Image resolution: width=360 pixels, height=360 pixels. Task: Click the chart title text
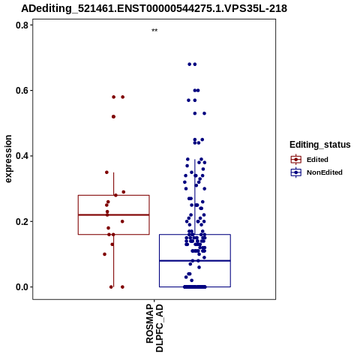pos(154,8)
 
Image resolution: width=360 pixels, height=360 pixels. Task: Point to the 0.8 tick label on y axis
pos(22,25)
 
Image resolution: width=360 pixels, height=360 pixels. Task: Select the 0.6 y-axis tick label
pos(22,91)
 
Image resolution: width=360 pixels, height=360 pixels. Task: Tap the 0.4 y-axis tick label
pos(22,156)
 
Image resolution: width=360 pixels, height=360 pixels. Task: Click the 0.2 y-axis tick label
pos(22,221)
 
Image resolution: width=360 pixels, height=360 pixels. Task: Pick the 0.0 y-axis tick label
pos(22,287)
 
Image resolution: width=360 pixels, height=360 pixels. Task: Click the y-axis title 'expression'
pos(8,159)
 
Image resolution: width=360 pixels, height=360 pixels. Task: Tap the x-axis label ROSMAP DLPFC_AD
pos(154,328)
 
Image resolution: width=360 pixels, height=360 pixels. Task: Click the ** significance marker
pos(154,31)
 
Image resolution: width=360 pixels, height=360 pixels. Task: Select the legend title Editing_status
pos(320,145)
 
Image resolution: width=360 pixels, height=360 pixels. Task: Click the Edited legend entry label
pos(317,160)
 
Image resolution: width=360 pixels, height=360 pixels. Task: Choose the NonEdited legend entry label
pos(325,172)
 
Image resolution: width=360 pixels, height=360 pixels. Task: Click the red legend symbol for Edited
pos(296,160)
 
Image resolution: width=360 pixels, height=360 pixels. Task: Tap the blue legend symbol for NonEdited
pos(296,172)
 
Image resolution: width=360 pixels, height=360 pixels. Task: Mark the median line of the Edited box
pos(114,214)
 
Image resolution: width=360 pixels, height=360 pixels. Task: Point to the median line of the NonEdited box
pos(195,261)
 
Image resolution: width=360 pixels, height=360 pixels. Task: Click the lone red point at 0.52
pos(113,117)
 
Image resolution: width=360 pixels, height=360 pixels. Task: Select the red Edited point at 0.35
pos(106,172)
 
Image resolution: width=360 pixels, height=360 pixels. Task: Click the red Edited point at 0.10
pos(105,254)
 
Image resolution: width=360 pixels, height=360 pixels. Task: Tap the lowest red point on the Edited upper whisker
pos(115,195)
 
